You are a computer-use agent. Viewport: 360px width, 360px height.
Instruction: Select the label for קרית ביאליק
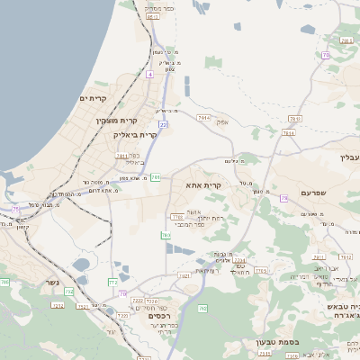pos(135,135)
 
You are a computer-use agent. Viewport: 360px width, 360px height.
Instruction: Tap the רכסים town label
pos(159,316)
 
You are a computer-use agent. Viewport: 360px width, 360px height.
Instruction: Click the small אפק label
pos(223,121)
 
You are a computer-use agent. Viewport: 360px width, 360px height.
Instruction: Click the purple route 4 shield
pos(149,75)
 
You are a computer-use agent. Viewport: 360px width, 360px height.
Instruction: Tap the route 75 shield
pos(15,209)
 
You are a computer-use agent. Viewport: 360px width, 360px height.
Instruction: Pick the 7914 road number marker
pos(204,118)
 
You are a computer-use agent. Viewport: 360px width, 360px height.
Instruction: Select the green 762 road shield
pos(202,309)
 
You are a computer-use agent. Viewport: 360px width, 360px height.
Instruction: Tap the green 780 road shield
pos(176,217)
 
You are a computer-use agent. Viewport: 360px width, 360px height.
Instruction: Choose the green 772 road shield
pos(113,283)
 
